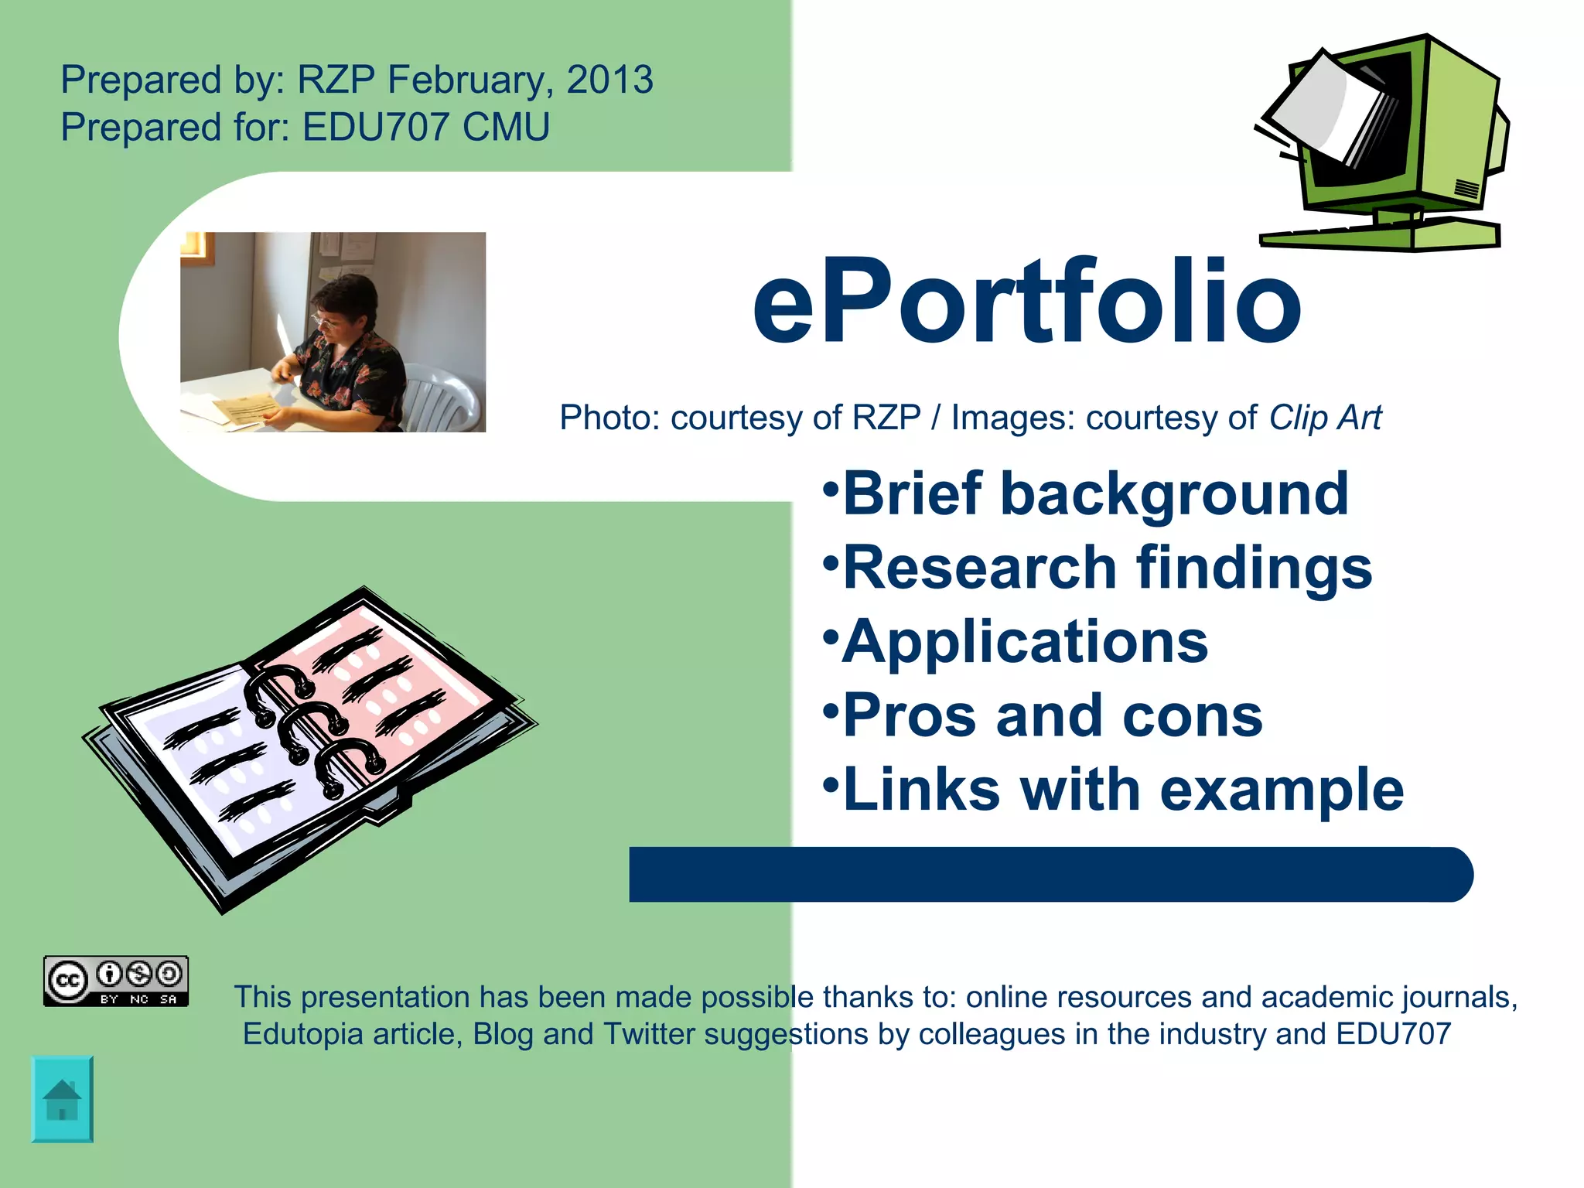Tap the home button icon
[x=62, y=1098]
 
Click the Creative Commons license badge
[x=116, y=981]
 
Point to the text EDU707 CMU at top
[x=426, y=128]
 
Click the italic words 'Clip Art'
[x=1325, y=418]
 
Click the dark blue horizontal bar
[x=1050, y=875]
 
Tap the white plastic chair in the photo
[x=441, y=398]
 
